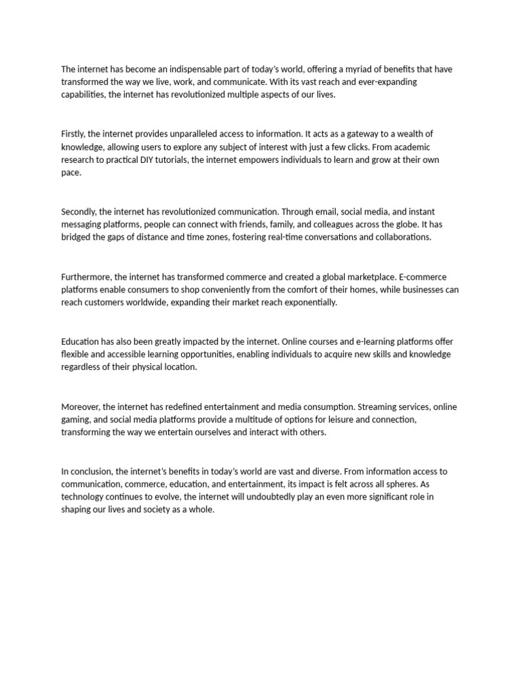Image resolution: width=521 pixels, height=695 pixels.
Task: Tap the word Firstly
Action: pos(73,134)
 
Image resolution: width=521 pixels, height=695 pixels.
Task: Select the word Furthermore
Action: pos(86,277)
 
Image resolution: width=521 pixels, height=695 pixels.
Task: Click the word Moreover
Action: pos(80,407)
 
